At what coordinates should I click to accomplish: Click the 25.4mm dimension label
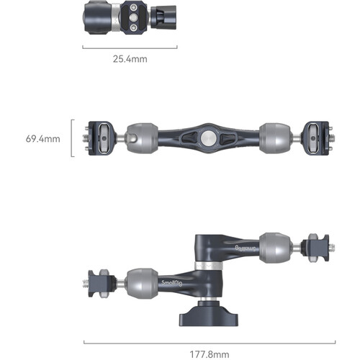click(130, 59)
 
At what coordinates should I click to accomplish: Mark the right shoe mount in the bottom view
click(316, 248)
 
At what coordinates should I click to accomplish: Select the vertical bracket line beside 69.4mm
click(72, 138)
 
